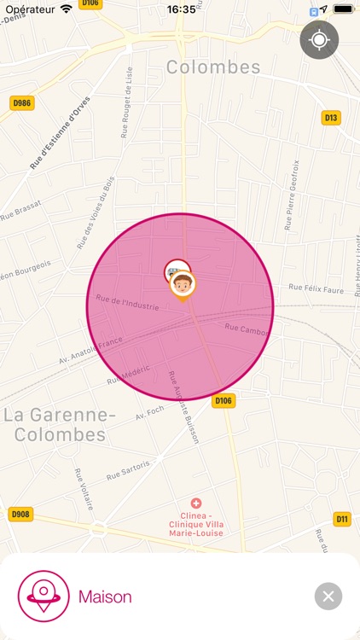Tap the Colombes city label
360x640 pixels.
coord(213,67)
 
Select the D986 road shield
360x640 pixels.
coord(21,103)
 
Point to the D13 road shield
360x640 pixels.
coord(331,117)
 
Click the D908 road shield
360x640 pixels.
coord(20,515)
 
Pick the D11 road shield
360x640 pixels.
coord(342,519)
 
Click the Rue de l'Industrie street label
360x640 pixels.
coord(127,302)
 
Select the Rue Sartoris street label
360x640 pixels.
coord(128,470)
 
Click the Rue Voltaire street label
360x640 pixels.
coord(83,489)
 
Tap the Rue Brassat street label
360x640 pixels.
coord(20,209)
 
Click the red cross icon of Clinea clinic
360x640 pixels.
coord(196,504)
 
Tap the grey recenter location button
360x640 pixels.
coord(319,39)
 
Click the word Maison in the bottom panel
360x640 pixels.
coord(105,596)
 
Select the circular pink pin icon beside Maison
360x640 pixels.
coord(44,596)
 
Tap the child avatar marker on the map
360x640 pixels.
coord(183,284)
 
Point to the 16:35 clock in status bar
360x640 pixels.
coord(181,9)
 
